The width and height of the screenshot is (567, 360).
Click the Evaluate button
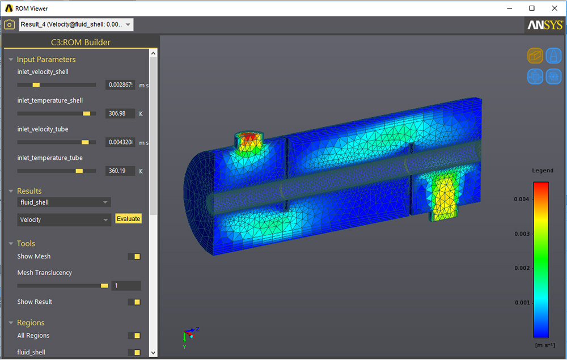pos(128,219)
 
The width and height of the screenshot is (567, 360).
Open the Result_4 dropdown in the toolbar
pos(76,24)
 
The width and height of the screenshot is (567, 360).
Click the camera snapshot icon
pos(9,24)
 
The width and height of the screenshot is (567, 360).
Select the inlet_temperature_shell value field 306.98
pos(120,113)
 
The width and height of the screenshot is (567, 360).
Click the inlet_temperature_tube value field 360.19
pos(120,171)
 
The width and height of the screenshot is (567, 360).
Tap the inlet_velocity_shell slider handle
pos(36,84)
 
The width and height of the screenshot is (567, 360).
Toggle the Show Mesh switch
pos(134,257)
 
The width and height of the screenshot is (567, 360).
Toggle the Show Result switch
pos(134,302)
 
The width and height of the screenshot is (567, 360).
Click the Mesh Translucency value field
pos(126,286)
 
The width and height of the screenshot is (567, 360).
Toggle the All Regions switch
pos(134,336)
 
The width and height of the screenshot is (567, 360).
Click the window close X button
pos(553,8)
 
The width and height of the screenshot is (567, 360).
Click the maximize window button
pos(531,8)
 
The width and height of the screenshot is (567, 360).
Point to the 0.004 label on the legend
pos(522,199)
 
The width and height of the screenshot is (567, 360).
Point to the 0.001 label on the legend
pos(522,303)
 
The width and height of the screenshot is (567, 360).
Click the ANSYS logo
pos(545,26)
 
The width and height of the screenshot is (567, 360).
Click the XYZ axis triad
pos(190,335)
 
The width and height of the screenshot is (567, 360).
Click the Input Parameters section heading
pos(46,60)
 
